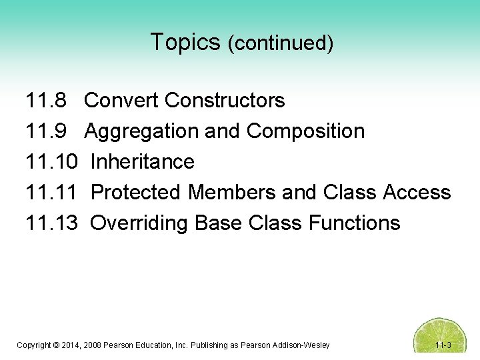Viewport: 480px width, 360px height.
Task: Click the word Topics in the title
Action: (x=185, y=42)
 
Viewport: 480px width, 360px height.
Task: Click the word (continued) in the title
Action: (x=280, y=43)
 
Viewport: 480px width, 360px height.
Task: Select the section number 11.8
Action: (x=46, y=101)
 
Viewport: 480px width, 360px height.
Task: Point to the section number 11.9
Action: (x=46, y=131)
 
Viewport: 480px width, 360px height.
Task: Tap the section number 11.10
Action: (x=51, y=162)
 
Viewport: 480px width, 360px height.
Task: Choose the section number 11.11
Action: (x=51, y=193)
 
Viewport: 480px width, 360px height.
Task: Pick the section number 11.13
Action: (x=51, y=223)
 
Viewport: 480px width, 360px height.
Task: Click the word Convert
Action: (x=121, y=101)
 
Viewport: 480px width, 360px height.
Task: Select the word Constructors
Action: (x=225, y=101)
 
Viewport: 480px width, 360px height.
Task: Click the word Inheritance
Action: (x=142, y=162)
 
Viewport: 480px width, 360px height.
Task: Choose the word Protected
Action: (x=137, y=193)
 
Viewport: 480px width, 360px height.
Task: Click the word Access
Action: (x=417, y=193)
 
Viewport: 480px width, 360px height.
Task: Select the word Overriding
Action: (x=139, y=223)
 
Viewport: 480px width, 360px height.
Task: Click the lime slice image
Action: (x=441, y=337)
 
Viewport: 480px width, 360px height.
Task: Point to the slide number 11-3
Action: (x=443, y=345)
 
